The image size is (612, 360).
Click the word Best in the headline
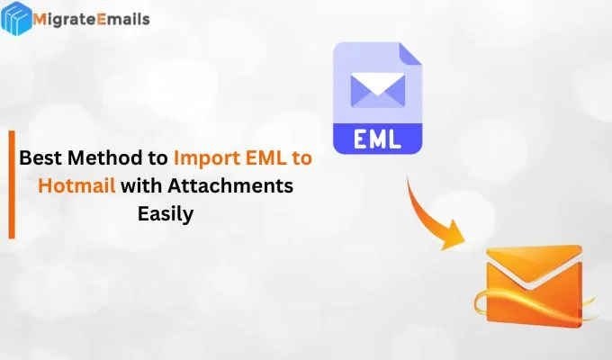pyautogui.click(x=40, y=159)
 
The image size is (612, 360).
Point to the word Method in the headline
pyautogui.click(x=102, y=159)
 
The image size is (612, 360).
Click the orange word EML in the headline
pyautogui.click(x=267, y=159)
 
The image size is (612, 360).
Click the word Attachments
pyautogui.click(x=229, y=187)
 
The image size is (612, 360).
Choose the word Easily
pyautogui.click(x=166, y=215)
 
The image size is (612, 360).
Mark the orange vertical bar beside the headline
pyautogui.click(x=12, y=184)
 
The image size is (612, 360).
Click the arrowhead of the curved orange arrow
pyautogui.click(x=454, y=236)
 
